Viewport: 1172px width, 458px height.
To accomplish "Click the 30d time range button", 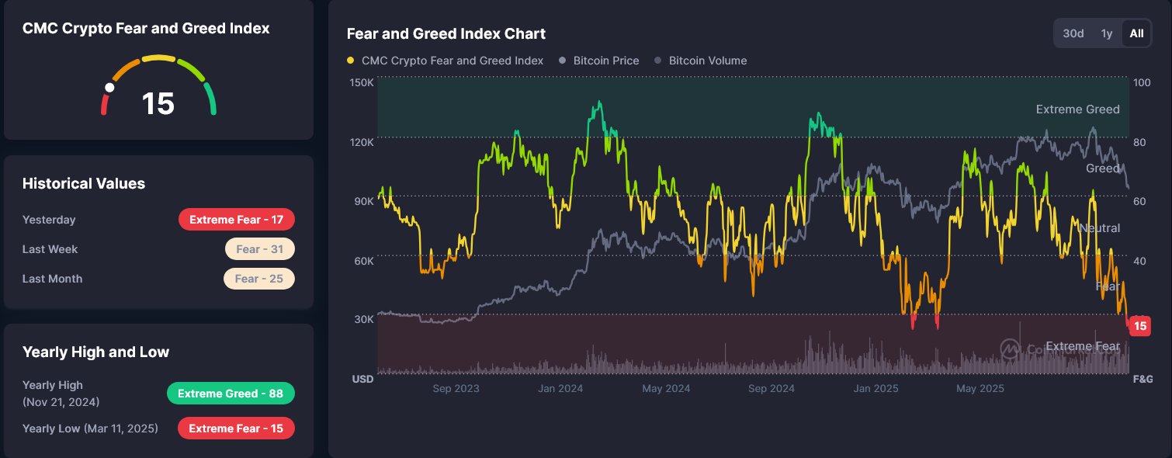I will pyautogui.click(x=1073, y=33).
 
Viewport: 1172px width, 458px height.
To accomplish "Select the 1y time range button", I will pyautogui.click(x=1107, y=33).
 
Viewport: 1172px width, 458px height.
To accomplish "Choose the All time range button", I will pyautogui.click(x=1136, y=33).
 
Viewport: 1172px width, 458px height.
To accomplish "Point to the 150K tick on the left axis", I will pyautogui.click(x=363, y=82).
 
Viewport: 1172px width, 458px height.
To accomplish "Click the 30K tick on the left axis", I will pyautogui.click(x=364, y=319).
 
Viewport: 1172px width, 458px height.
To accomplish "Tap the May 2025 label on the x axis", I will pyautogui.click(x=980, y=388).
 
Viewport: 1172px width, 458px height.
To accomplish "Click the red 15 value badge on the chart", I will pyautogui.click(x=1139, y=326).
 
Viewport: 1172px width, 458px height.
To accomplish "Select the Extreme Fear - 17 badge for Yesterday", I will pyautogui.click(x=237, y=220).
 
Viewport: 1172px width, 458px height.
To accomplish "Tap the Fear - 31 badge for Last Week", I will pyautogui.click(x=259, y=249).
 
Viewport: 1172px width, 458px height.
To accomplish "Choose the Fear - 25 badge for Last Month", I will pyautogui.click(x=258, y=279).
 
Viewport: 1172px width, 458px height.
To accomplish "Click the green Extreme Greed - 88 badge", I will pyautogui.click(x=231, y=394).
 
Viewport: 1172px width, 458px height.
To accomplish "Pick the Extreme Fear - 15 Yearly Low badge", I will pyautogui.click(x=236, y=429).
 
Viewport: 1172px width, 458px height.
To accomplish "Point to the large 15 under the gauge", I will pyautogui.click(x=158, y=104).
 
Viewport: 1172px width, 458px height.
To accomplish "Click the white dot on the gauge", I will pyautogui.click(x=109, y=88).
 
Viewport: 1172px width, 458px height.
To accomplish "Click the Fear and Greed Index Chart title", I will pyautogui.click(x=446, y=33).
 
